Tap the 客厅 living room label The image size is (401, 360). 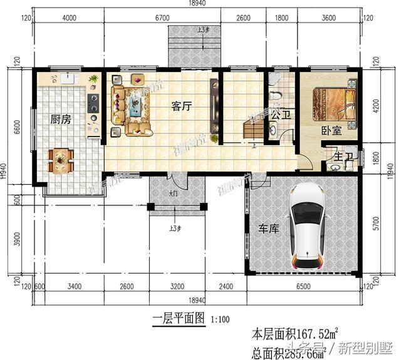point(181,106)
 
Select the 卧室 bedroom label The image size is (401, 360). point(331,130)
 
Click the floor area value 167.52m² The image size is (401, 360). point(306,332)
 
